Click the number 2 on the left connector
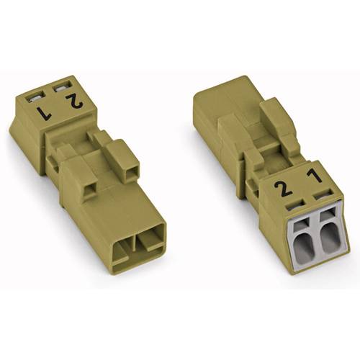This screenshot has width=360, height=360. [73, 102]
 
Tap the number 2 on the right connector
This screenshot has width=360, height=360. [286, 190]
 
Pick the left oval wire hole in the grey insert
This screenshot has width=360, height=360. [302, 238]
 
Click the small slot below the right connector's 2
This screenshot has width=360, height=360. [294, 206]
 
